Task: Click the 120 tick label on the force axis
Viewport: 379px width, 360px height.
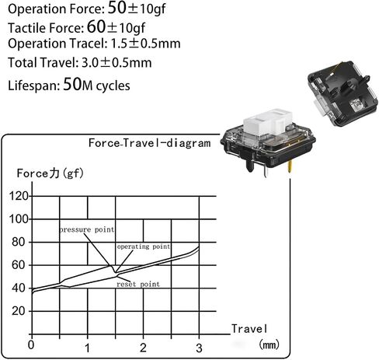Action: tap(19, 196)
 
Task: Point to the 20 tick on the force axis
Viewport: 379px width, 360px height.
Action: tap(18, 311)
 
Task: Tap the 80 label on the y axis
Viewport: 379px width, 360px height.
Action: tap(18, 242)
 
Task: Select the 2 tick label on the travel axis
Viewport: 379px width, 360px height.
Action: tap(143, 348)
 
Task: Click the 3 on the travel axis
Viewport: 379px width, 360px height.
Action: tap(199, 348)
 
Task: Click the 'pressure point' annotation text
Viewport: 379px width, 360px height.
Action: tap(87, 230)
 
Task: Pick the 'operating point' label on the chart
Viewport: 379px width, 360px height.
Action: tap(144, 246)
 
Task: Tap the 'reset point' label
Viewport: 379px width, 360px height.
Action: tap(138, 284)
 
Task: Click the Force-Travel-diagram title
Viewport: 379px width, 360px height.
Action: tap(149, 143)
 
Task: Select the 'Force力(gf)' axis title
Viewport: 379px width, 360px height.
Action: tap(50, 173)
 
